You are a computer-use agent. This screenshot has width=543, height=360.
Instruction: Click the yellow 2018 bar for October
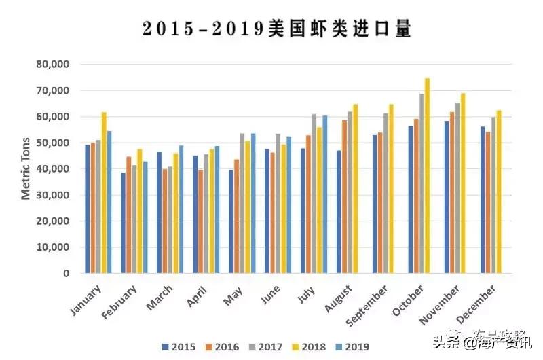tap(428, 177)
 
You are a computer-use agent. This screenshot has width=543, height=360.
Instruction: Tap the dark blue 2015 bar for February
tap(124, 223)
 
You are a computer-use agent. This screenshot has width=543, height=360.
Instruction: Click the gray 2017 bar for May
tap(242, 204)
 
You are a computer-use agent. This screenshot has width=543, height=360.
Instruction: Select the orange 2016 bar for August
tap(344, 197)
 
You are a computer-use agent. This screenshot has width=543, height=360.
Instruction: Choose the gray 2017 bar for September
tap(386, 194)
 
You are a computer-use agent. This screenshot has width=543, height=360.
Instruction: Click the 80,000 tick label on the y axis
tap(54, 65)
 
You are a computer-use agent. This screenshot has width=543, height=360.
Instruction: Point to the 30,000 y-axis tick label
tap(54, 196)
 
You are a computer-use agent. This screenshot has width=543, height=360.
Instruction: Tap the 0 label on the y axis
tap(67, 274)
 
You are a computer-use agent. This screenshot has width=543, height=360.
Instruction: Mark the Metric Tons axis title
tap(26, 168)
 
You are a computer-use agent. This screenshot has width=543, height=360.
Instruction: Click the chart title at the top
tap(277, 29)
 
